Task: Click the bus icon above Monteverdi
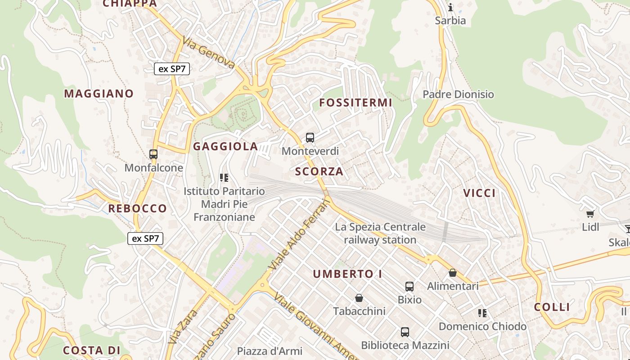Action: click(x=310, y=138)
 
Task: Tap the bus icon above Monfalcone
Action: click(x=153, y=154)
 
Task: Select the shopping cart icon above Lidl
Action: click(x=590, y=214)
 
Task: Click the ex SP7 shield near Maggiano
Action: click(x=172, y=69)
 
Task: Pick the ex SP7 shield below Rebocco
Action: click(x=145, y=238)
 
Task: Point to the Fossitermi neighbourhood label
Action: click(x=355, y=103)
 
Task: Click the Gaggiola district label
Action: click(x=225, y=146)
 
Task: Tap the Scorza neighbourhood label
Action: click(x=319, y=171)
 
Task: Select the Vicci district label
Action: click(x=479, y=193)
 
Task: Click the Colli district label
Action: click(x=552, y=307)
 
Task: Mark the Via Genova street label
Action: click(x=209, y=53)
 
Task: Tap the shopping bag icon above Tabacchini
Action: click(x=359, y=298)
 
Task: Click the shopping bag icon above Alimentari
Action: click(x=453, y=273)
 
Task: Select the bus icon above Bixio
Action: click(x=409, y=287)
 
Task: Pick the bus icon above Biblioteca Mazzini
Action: click(x=405, y=333)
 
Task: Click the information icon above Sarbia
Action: click(x=450, y=7)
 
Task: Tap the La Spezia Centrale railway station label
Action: click(x=380, y=233)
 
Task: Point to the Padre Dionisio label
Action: click(x=458, y=94)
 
